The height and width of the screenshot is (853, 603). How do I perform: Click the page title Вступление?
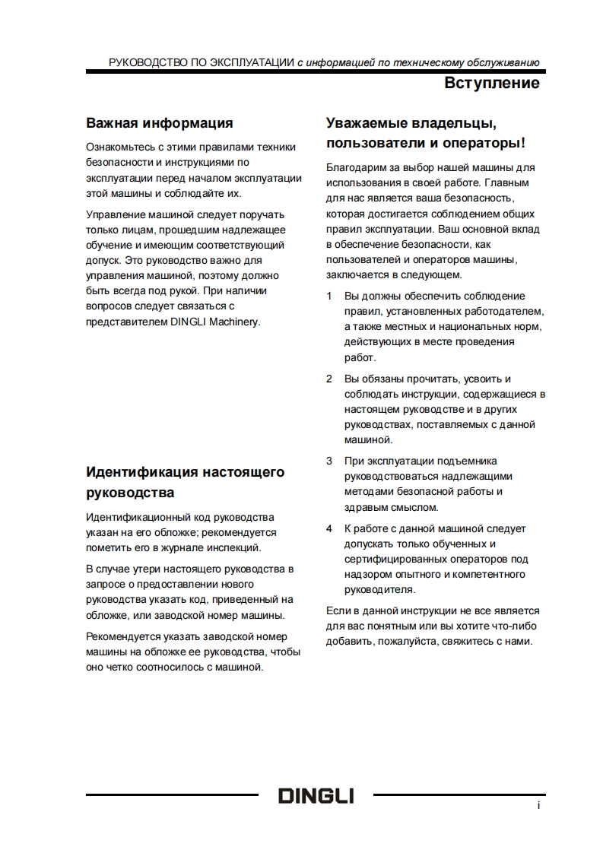(492, 83)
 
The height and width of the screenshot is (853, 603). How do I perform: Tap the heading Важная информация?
(159, 122)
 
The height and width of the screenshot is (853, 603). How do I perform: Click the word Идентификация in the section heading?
(142, 471)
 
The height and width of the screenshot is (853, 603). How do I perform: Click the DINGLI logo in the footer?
(316, 796)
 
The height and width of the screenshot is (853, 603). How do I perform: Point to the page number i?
(538, 806)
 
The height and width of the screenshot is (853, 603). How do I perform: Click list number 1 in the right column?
(329, 296)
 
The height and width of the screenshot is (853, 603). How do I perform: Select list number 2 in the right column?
(329, 379)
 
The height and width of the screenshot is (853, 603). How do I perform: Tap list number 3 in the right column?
(329, 461)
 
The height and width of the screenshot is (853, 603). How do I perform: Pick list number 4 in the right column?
(329, 528)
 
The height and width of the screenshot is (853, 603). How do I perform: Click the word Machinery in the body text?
(236, 321)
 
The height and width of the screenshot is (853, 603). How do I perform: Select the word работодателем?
(506, 311)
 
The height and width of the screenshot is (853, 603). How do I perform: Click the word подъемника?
(471, 461)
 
